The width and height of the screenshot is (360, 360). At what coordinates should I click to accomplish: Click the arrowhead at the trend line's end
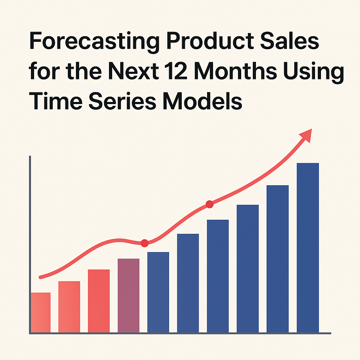point(306,135)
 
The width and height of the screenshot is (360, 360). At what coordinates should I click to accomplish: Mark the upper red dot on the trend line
point(210,204)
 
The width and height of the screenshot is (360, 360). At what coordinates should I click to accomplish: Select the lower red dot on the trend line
point(144,243)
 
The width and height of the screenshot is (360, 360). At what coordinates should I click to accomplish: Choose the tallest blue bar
point(308,248)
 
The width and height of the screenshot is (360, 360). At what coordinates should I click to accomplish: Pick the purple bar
point(128,296)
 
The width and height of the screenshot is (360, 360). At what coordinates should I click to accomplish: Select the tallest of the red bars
point(99,301)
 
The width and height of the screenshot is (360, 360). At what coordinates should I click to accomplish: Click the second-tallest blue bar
point(278,259)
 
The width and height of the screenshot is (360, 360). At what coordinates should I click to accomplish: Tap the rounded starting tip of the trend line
point(41,277)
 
